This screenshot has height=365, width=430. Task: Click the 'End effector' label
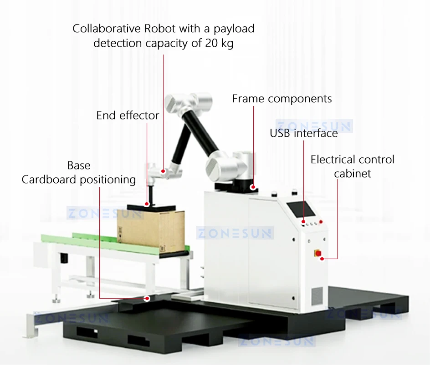pyautogui.click(x=128, y=115)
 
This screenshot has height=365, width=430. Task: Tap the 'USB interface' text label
pyautogui.click(x=304, y=133)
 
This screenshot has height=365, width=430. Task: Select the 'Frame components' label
pyautogui.click(x=282, y=99)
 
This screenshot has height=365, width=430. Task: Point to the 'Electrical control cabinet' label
pyautogui.click(x=352, y=166)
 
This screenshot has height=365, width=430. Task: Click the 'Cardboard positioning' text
pyautogui.click(x=79, y=180)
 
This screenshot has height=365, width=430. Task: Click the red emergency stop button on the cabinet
pyautogui.click(x=318, y=253)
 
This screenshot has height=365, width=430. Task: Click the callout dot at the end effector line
pyautogui.click(x=147, y=204)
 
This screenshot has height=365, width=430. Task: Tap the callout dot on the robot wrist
pyautogui.click(x=164, y=171)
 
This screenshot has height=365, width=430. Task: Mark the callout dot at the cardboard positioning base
pyautogui.click(x=147, y=299)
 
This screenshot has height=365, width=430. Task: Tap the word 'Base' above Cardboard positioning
pyautogui.click(x=79, y=165)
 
